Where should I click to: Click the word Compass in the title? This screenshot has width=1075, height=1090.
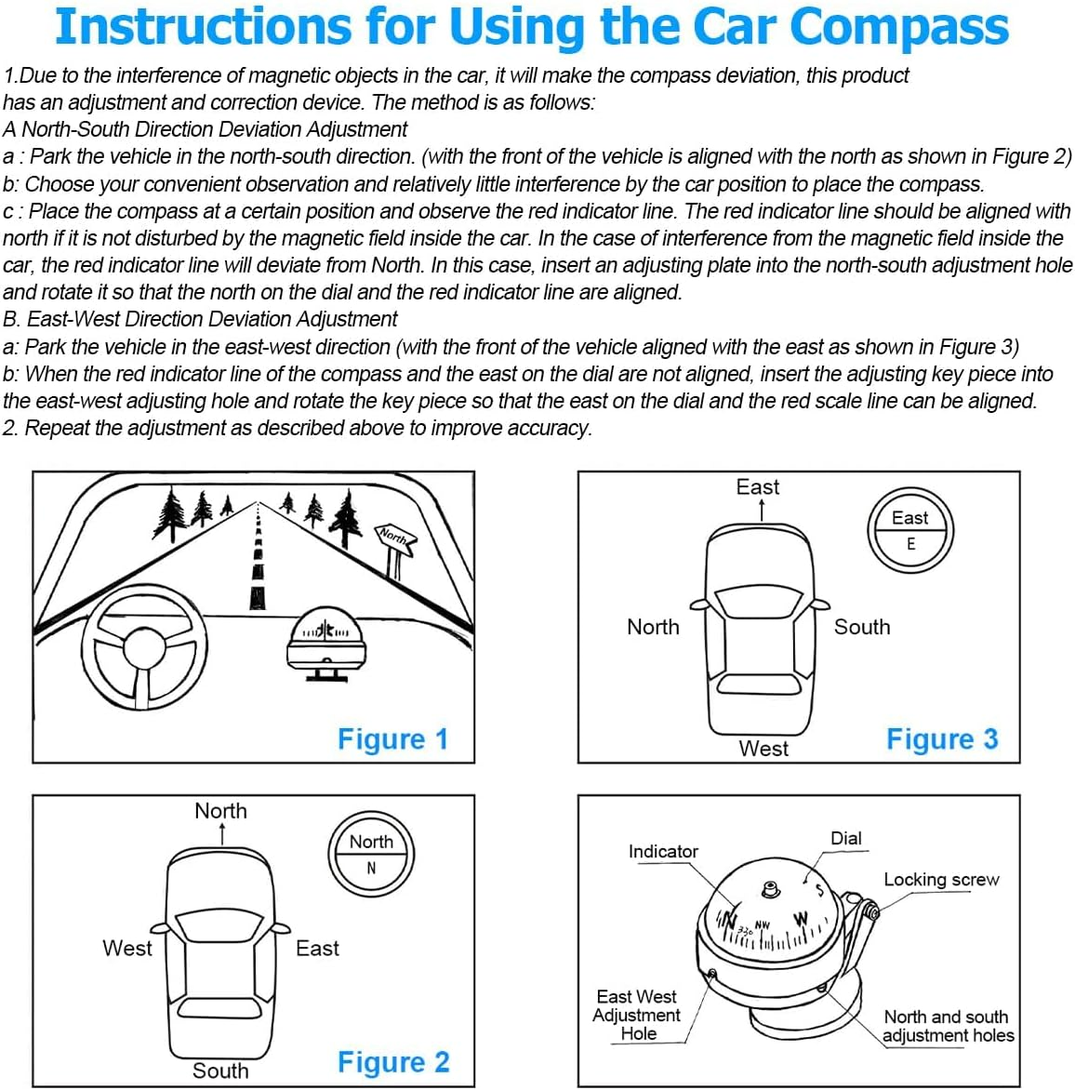pos(898,28)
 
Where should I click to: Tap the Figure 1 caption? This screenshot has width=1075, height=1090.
pos(392,739)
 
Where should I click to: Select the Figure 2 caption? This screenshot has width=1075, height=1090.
pos(392,1062)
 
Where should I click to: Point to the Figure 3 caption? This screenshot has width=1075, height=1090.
pos(941,739)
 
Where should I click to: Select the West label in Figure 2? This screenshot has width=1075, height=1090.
pos(126,949)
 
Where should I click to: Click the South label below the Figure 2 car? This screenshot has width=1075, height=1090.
pos(220,1070)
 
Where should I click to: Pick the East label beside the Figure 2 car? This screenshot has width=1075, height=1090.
pos(317,949)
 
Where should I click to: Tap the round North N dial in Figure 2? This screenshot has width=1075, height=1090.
pos(371,854)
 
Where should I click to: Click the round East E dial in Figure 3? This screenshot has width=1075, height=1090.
pos(910,530)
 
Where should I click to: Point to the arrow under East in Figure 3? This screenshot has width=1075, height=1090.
pos(762,511)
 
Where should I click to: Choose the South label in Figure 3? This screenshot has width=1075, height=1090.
pos(861,627)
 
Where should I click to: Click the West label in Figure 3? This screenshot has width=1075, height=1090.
pos(763,749)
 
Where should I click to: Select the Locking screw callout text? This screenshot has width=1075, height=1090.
pos(941,880)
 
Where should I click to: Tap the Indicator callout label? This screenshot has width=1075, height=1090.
pos(662,851)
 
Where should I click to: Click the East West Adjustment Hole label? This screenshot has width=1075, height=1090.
pos(637,1015)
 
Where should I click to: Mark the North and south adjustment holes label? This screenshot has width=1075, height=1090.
pos(948,1026)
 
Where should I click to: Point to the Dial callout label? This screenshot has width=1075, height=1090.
pos(845,838)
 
